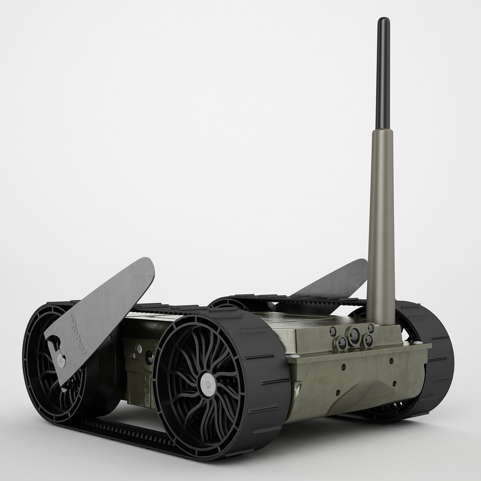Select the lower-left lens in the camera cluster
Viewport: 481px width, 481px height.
pyautogui.click(x=342, y=343)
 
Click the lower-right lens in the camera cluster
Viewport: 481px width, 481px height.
pyautogui.click(x=368, y=341)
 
